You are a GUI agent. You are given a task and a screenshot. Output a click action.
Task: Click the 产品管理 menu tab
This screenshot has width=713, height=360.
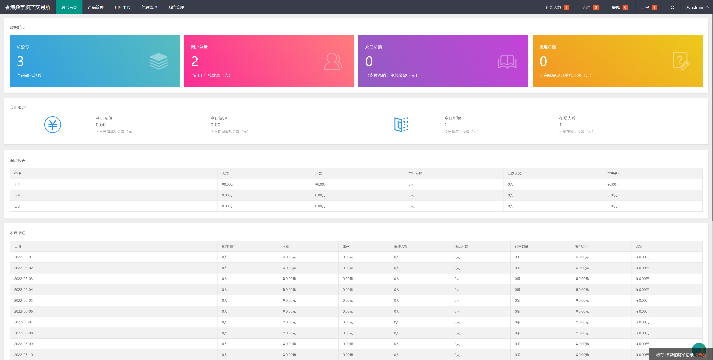(x=95, y=7)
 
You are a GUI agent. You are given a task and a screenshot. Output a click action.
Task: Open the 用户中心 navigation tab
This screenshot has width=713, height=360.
(x=122, y=7)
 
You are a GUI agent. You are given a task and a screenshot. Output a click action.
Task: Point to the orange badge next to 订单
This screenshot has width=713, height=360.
(x=654, y=7)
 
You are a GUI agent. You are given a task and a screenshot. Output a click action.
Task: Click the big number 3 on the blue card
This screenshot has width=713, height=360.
(x=20, y=61)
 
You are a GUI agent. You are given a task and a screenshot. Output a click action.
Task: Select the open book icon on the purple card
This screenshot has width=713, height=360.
(x=507, y=61)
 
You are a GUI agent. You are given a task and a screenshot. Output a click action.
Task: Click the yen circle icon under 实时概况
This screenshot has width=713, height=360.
(x=53, y=125)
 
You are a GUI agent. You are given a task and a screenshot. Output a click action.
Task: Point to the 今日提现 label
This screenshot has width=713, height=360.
(x=219, y=118)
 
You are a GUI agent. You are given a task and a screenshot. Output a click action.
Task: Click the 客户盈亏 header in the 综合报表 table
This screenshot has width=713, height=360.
(x=614, y=173)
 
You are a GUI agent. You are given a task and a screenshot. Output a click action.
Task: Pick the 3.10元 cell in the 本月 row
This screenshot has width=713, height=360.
(x=612, y=195)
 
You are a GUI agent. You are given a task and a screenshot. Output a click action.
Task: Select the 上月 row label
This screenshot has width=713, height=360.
(x=17, y=184)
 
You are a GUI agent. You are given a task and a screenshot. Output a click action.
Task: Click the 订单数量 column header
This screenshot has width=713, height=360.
(x=522, y=246)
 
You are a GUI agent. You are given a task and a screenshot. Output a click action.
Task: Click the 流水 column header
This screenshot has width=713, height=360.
(x=639, y=246)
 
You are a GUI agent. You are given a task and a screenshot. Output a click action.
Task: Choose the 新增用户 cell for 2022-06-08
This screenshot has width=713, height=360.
(x=225, y=333)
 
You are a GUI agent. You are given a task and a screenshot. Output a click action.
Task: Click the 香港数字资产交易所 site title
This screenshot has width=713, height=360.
(x=28, y=7)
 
